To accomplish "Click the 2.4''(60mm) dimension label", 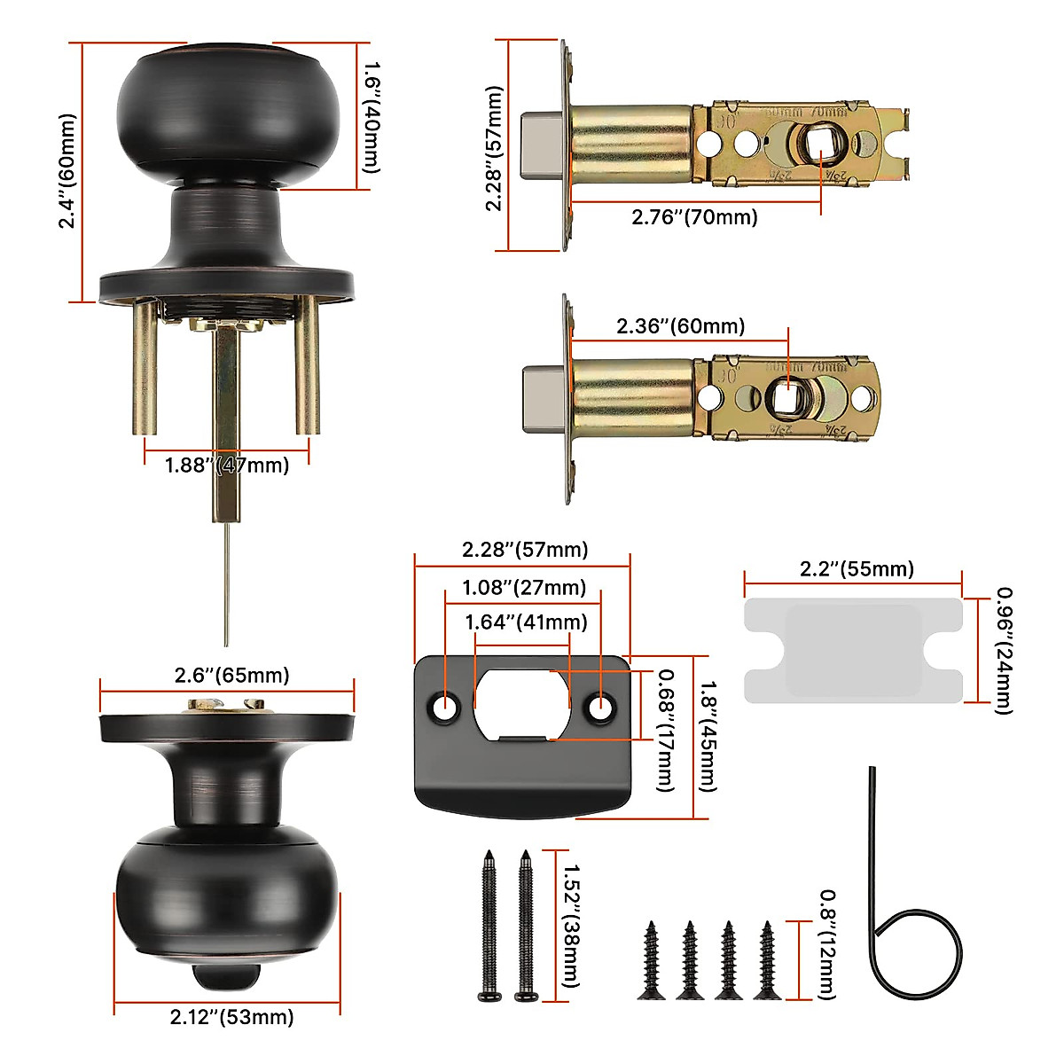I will pyautogui.click(x=67, y=171).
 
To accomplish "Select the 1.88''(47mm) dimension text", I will pyautogui.click(x=227, y=465).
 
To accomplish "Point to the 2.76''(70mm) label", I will pyautogui.click(x=694, y=216).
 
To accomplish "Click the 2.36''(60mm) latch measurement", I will pyautogui.click(x=680, y=326).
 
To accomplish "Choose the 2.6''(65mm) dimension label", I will pyautogui.click(x=231, y=676).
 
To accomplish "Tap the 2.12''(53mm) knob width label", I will pyautogui.click(x=231, y=1017).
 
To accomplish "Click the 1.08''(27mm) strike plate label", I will pyautogui.click(x=524, y=588).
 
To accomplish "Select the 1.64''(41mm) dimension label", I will pyautogui.click(x=526, y=622).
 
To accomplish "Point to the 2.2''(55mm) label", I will pyautogui.click(x=857, y=569).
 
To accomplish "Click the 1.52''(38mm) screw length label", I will pyautogui.click(x=571, y=926).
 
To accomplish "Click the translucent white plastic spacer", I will pyautogui.click(x=853, y=651).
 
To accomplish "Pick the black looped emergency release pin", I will pyautogui.click(x=913, y=940).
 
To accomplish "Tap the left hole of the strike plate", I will pyautogui.click(x=445, y=707).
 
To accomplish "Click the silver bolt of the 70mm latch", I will pyautogui.click(x=541, y=145).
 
